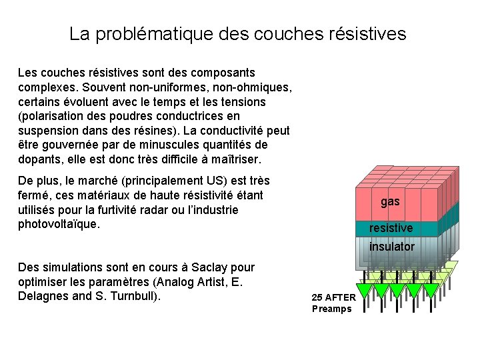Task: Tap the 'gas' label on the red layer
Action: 391,201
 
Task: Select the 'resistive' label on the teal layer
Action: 391,228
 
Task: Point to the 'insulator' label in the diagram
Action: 392,247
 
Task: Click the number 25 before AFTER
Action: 318,297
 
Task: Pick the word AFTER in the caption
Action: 341,297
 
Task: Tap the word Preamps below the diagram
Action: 331,309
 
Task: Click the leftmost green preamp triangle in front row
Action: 364,290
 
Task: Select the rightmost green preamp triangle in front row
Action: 431,290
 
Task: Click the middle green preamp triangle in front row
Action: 398,290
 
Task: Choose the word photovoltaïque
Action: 59,224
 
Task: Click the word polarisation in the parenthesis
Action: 51,116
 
